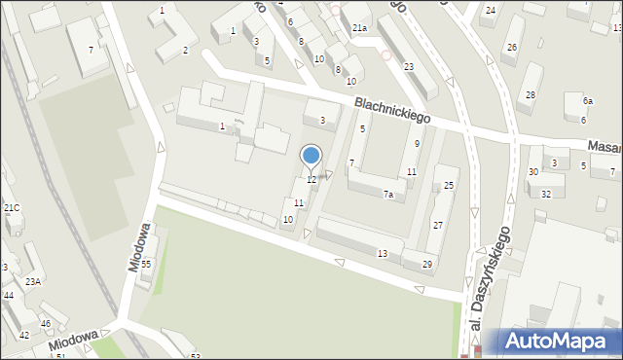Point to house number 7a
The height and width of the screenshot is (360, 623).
[387, 196]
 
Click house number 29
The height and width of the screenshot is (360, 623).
[426, 265]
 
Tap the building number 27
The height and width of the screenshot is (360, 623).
[438, 225]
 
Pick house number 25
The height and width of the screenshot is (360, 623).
[449, 185]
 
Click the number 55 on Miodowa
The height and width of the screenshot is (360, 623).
[146, 264]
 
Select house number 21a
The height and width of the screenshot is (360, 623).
[360, 29]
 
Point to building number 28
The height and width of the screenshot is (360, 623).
[531, 94]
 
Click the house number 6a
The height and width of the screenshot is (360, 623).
[588, 101]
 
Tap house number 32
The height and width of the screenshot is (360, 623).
[546, 194]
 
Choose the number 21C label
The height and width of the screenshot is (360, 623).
[11, 207]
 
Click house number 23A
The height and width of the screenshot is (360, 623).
[33, 281]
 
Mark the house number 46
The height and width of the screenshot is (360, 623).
[46, 323]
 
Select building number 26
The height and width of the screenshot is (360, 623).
[512, 47]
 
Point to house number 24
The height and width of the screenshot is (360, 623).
[491, 10]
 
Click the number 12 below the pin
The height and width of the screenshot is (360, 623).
[311, 179]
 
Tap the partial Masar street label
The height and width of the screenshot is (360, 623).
[605, 145]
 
